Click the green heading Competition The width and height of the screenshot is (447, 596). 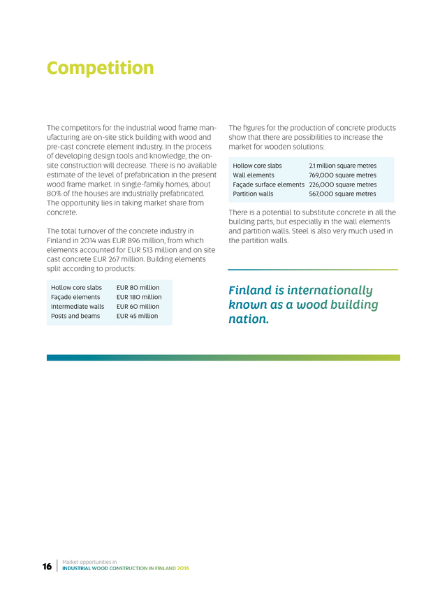(100, 68)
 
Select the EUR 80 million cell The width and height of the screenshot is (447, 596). (138, 287)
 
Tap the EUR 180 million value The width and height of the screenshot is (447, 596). (139, 297)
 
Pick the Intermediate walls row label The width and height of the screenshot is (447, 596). (78, 307)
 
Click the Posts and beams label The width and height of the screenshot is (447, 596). (75, 316)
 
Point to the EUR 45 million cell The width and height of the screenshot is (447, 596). (138, 316)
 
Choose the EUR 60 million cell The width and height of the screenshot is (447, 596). (138, 307)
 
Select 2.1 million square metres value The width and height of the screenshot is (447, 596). (342, 166)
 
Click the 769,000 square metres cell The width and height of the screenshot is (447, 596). (342, 175)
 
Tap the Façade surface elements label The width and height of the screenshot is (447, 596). (268, 184)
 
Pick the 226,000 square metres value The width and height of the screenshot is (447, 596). (342, 184)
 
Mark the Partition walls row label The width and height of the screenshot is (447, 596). (253, 194)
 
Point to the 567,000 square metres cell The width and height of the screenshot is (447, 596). (342, 194)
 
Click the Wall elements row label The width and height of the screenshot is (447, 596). (254, 175)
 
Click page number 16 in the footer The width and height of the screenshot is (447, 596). (47, 566)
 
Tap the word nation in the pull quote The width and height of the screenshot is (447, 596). (247, 320)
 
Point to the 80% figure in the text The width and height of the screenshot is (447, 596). (54, 194)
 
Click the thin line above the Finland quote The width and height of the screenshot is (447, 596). (313, 270)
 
